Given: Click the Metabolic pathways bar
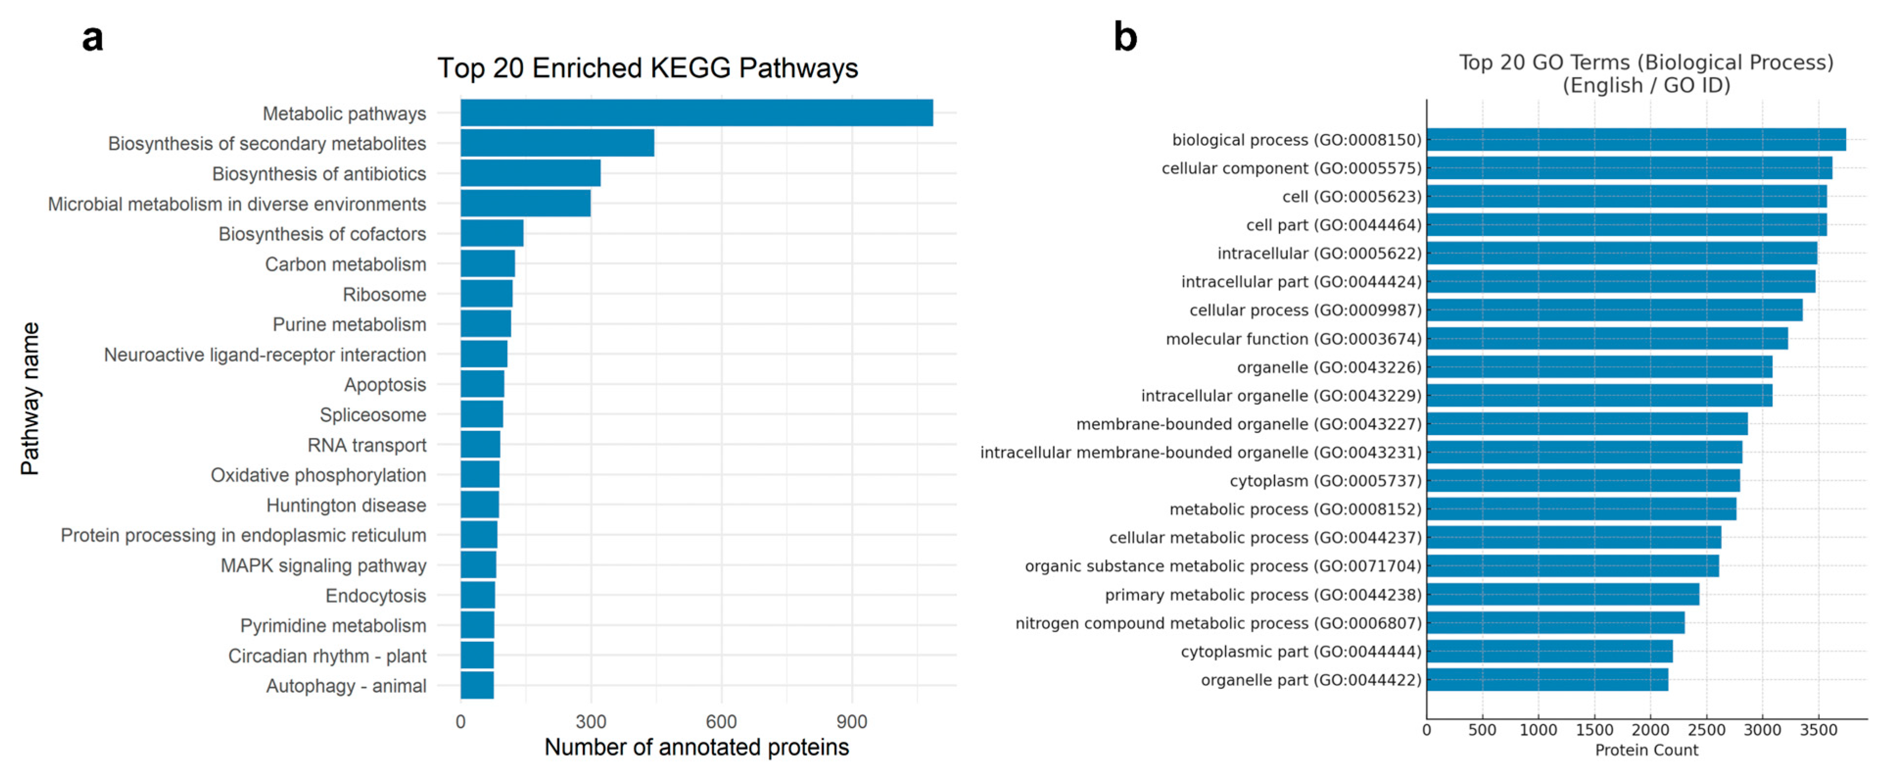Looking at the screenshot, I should (x=696, y=113).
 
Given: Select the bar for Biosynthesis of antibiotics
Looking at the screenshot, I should (x=530, y=173).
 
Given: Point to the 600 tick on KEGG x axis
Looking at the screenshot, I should (x=721, y=722).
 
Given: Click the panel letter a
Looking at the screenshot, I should (x=92, y=38).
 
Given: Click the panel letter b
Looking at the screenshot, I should (x=1125, y=37).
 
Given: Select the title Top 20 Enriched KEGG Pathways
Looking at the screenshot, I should (x=647, y=68).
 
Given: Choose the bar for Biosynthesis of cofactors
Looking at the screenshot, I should (x=492, y=234).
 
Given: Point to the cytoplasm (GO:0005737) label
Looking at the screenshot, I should (x=1325, y=480).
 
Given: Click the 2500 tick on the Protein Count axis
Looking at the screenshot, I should (x=1706, y=730).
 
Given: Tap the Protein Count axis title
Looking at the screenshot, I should (x=1646, y=750).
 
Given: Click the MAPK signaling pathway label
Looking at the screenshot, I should (x=323, y=566).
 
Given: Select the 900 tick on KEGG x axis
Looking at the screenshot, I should (x=852, y=722).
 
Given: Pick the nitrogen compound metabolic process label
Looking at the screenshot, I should (x=1218, y=623).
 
